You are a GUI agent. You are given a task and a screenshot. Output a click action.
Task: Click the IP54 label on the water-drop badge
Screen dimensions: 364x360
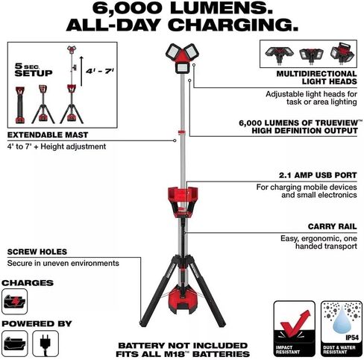(352, 338)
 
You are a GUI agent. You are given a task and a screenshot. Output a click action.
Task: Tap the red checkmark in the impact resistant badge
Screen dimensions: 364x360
(295, 323)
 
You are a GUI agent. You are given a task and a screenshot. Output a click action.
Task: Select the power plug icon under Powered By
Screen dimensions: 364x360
(45, 343)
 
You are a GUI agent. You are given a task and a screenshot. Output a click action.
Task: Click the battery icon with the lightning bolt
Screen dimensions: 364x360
(14, 302)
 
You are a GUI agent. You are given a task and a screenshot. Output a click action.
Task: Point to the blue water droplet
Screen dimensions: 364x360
(341, 320)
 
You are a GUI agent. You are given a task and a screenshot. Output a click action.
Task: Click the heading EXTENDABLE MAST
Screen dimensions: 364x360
(48, 135)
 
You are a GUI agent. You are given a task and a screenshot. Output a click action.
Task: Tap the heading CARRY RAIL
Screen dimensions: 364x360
(332, 226)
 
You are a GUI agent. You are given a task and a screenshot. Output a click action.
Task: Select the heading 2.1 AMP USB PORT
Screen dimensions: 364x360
(318, 175)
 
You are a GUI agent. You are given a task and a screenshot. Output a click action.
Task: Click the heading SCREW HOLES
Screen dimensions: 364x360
(37, 252)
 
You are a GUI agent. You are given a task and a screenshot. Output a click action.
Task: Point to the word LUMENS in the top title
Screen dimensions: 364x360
(222, 8)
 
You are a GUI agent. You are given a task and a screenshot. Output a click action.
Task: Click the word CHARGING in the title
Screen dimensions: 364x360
(234, 25)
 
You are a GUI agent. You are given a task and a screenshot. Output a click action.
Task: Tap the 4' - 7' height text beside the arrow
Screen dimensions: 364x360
(100, 71)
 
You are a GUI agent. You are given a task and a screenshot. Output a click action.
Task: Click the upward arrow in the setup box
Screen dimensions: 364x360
(81, 71)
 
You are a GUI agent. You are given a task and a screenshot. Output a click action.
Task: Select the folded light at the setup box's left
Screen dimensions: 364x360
(20, 105)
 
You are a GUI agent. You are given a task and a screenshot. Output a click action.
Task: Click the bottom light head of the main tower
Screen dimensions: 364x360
(182, 68)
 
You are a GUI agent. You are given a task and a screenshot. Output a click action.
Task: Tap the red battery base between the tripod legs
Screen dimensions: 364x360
(183, 301)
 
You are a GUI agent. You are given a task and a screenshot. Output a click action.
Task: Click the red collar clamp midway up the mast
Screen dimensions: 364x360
(182, 132)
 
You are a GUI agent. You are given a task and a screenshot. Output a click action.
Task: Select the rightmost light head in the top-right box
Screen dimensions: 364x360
(342, 54)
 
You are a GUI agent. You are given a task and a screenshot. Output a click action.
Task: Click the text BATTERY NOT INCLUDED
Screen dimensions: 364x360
(183, 346)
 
